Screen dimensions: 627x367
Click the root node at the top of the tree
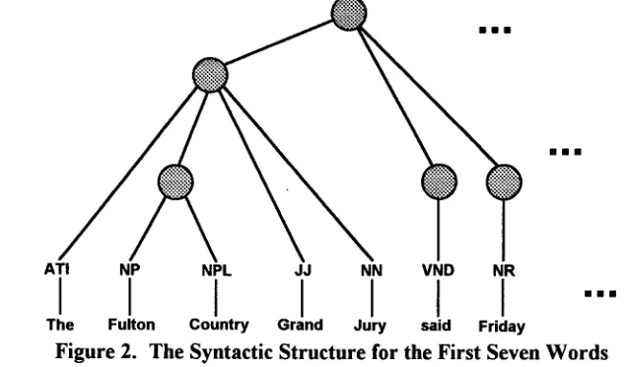(x=349, y=15)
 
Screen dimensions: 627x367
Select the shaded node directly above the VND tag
(x=439, y=182)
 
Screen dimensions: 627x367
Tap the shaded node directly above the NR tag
(x=504, y=182)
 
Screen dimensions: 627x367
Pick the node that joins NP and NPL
(x=175, y=182)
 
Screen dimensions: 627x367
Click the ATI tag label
(x=57, y=269)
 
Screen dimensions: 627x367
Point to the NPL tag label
(x=216, y=270)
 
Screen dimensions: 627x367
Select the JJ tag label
(x=303, y=270)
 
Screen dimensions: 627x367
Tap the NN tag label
(x=372, y=270)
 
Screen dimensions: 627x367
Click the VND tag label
(x=439, y=270)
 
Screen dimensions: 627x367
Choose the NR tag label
(x=504, y=270)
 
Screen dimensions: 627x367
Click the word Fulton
(x=131, y=325)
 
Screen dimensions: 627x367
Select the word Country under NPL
(x=219, y=325)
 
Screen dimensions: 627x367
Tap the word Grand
(x=301, y=325)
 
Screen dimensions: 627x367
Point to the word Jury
(x=370, y=326)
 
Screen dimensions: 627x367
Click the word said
(x=436, y=326)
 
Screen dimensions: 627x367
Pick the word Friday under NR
(x=502, y=327)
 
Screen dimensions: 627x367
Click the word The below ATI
(x=60, y=325)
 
